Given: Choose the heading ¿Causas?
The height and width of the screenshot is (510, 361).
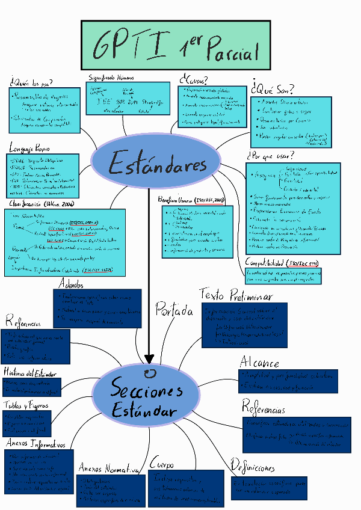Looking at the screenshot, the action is [x=194, y=80].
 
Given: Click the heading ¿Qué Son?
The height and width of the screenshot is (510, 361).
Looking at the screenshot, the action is [x=272, y=89].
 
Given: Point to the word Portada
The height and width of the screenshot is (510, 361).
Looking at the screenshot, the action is [x=174, y=311].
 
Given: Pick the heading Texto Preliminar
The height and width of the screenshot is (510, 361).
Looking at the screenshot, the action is [x=236, y=296].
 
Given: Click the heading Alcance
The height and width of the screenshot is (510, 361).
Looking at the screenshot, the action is [x=259, y=363].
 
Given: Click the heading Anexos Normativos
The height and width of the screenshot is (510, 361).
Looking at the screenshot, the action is [x=109, y=469].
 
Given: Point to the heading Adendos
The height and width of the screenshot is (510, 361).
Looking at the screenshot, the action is [x=72, y=284].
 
